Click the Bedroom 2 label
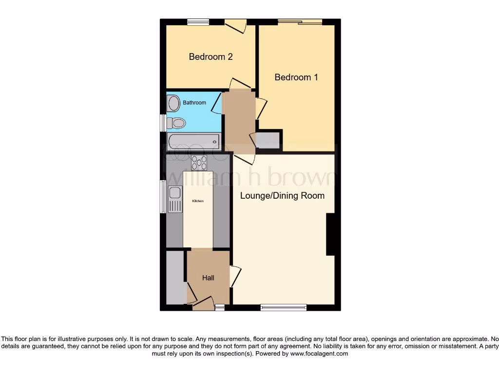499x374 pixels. click(211, 56)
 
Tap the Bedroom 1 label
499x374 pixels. click(296, 77)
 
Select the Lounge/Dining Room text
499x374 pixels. click(282, 196)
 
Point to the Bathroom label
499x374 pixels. click(194, 103)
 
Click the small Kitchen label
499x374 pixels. click(197, 201)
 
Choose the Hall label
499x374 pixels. click(208, 278)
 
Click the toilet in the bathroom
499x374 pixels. click(176, 123)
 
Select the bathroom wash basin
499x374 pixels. click(173, 103)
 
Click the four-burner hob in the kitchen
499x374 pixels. click(199, 163)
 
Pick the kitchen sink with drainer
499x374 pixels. click(174, 199)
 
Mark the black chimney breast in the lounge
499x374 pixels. click(330, 234)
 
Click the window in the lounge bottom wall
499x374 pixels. click(283, 307)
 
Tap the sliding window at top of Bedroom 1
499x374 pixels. click(300, 21)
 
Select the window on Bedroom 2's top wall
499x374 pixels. click(198, 21)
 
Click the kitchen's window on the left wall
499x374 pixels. click(163, 197)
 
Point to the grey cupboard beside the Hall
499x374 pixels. click(176, 278)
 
